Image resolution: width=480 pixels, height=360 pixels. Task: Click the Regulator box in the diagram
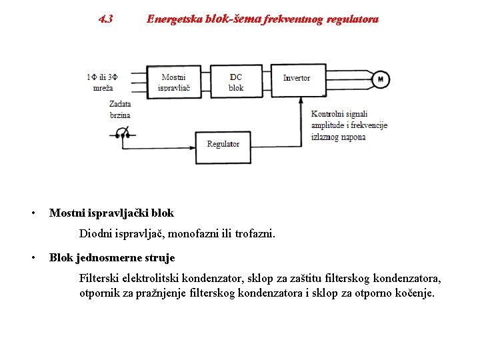(x=223, y=144)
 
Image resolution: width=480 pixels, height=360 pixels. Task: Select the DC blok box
(x=236, y=83)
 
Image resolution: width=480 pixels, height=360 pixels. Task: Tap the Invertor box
(x=297, y=78)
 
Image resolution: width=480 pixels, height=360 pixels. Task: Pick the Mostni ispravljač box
(x=174, y=83)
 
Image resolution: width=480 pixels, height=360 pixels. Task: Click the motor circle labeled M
(x=381, y=79)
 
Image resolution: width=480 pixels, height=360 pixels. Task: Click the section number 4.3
(x=105, y=19)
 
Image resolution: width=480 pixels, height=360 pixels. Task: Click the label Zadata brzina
(x=120, y=109)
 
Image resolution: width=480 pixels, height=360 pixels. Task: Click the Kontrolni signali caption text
(x=339, y=114)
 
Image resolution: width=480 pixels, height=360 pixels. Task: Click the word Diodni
(x=97, y=234)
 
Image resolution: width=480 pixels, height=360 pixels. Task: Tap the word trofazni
(x=252, y=234)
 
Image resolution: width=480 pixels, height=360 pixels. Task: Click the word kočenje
(x=415, y=293)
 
